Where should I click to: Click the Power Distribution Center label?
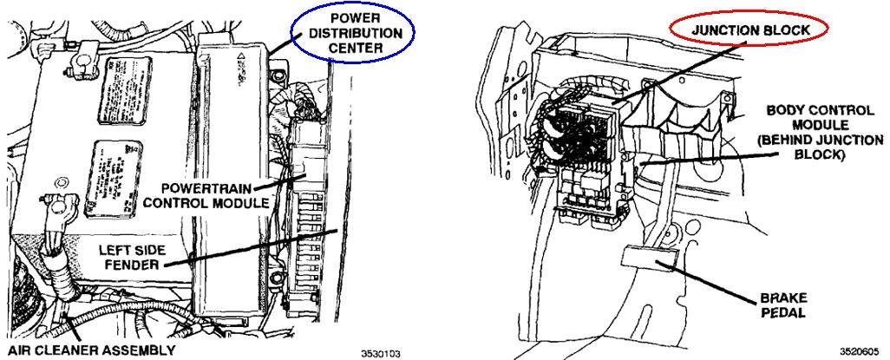point(355,34)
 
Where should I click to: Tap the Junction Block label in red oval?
point(751,29)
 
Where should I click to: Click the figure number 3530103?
point(382,353)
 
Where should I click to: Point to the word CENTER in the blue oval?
point(355,48)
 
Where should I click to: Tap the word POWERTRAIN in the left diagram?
point(219,188)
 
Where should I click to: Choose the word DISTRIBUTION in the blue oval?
point(355,34)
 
